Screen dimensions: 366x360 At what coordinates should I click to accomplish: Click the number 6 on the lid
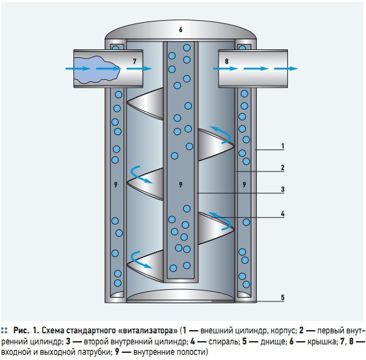coord(181,30)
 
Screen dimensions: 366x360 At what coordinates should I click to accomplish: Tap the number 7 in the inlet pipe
coord(135,61)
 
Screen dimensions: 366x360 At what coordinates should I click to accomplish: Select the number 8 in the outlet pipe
coord(226,61)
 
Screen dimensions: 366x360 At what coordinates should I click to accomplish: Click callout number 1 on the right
coord(283,146)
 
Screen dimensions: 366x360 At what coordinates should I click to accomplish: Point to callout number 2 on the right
coord(283,168)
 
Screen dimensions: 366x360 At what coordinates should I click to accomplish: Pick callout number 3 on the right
coord(283,189)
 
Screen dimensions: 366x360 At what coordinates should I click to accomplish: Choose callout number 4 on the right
coord(283,214)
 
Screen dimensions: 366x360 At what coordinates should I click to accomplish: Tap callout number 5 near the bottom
coord(283,298)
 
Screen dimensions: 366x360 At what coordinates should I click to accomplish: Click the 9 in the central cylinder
coord(181,185)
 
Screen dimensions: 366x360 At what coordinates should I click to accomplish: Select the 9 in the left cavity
coord(116,185)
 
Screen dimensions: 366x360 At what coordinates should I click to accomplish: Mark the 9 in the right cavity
coord(244,185)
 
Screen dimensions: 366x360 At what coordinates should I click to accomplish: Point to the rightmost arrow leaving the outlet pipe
coord(286,69)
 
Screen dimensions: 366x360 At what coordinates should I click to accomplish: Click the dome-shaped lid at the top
coord(181,29)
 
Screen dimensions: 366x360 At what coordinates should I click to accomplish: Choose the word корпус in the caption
coord(283,331)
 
